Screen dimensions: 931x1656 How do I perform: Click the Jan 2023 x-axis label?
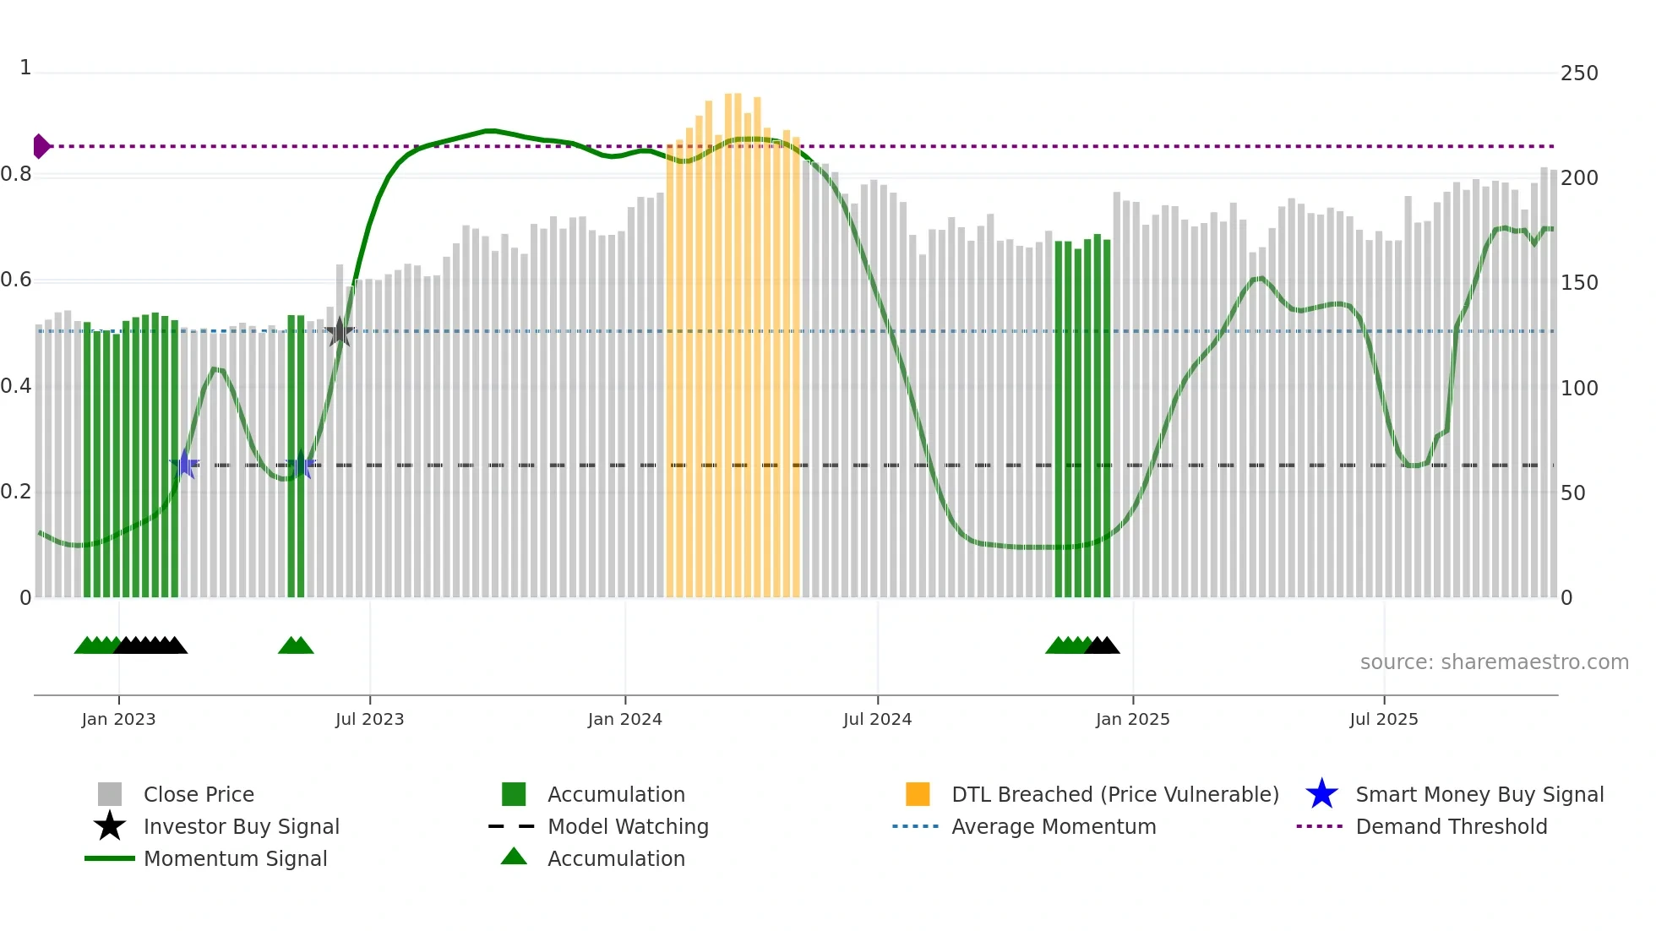[118, 719]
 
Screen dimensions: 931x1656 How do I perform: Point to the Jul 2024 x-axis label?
[877, 719]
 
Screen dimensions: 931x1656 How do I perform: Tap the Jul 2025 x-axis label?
[1383, 719]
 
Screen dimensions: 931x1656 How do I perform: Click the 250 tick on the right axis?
[1578, 73]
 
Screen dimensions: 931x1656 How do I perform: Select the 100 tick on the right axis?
[1578, 389]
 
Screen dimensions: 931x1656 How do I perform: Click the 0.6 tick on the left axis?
[16, 280]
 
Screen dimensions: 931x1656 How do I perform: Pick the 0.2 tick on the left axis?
[16, 492]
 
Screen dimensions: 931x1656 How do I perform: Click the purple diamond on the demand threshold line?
[41, 146]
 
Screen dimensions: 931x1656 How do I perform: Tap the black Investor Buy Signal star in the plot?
[340, 332]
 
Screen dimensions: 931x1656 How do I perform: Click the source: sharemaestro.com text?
[1494, 662]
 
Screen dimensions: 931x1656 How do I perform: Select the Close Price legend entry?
[199, 794]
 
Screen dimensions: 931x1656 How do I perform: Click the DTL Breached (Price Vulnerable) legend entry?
[1114, 794]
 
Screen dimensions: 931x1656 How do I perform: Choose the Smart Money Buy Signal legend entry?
[1479, 794]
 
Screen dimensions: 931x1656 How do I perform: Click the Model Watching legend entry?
[627, 826]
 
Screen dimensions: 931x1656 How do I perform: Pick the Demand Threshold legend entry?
[1451, 826]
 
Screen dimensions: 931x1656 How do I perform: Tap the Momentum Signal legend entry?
[235, 858]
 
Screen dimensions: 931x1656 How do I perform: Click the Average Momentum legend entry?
[1053, 826]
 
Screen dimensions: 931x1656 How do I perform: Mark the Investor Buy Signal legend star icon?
[110, 826]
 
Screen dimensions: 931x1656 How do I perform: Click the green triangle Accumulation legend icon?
[514, 857]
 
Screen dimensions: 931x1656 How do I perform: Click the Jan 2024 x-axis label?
[624, 719]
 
